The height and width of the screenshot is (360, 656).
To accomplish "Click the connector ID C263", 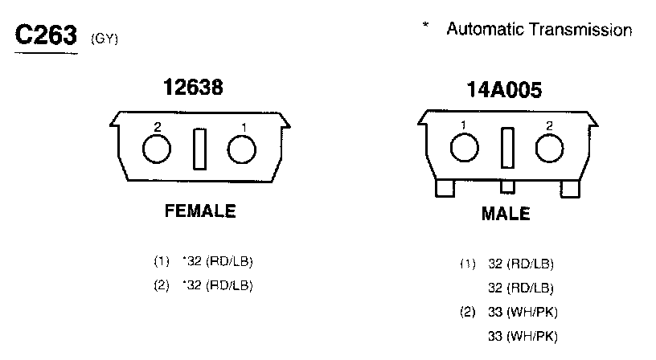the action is [46, 35].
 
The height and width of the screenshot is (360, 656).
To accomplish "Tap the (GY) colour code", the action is [105, 39].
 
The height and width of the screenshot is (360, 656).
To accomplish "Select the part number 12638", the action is [193, 87].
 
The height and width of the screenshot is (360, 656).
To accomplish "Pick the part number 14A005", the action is [504, 90].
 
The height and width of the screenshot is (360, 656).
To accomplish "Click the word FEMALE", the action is [200, 211].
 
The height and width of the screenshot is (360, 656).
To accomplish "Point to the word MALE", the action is [506, 214].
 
